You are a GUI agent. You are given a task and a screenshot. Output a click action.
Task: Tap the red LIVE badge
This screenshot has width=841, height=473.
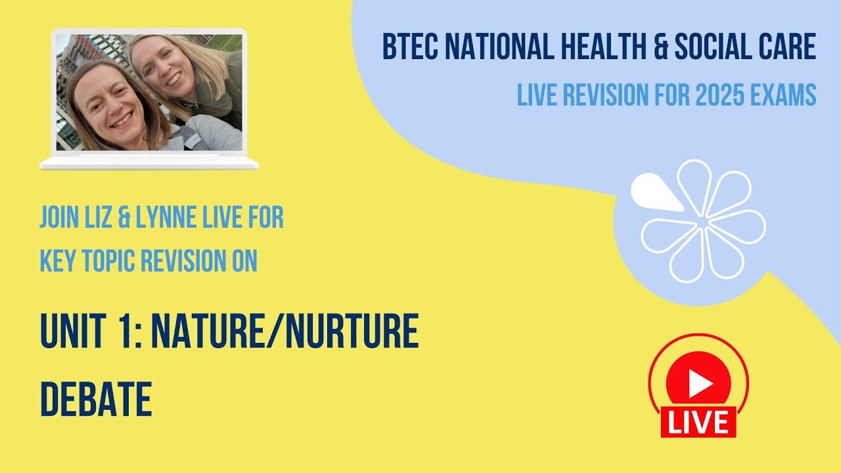pyautogui.click(x=698, y=422)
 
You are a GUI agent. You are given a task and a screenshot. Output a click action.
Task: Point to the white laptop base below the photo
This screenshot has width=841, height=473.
pyautogui.click(x=149, y=163)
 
